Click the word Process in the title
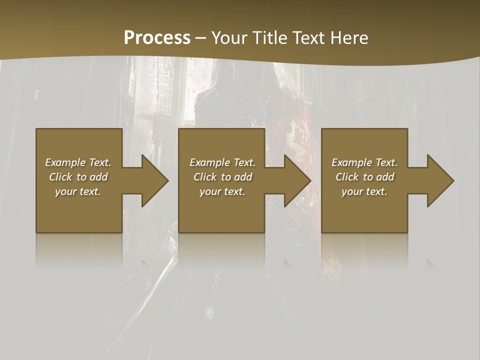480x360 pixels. [x=157, y=38]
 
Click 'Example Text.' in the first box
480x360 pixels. [x=78, y=162]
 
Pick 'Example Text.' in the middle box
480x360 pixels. [x=222, y=162]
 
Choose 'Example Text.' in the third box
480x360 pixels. [x=364, y=162]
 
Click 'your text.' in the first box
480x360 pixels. [x=78, y=191]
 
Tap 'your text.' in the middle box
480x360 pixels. [x=222, y=191]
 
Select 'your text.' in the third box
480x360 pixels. [x=364, y=191]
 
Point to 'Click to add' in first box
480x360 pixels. [x=78, y=177]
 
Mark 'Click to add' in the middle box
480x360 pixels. [x=222, y=177]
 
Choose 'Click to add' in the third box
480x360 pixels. [x=364, y=177]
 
